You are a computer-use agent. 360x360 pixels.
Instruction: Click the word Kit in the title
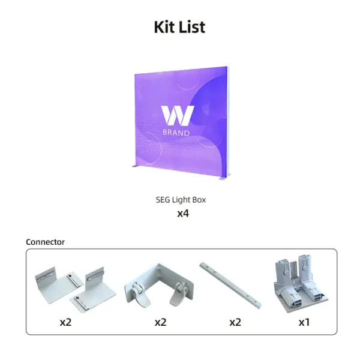click(164, 27)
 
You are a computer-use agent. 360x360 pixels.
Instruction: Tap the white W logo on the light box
click(178, 115)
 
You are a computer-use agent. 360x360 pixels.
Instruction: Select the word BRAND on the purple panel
click(176, 133)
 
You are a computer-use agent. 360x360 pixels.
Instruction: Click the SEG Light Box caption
click(181, 200)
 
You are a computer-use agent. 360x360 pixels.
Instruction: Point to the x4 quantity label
click(183, 214)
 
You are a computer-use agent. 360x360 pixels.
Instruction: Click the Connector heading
click(45, 242)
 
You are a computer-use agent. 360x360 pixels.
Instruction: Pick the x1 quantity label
click(304, 322)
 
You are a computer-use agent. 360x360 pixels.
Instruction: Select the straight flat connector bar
click(230, 285)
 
